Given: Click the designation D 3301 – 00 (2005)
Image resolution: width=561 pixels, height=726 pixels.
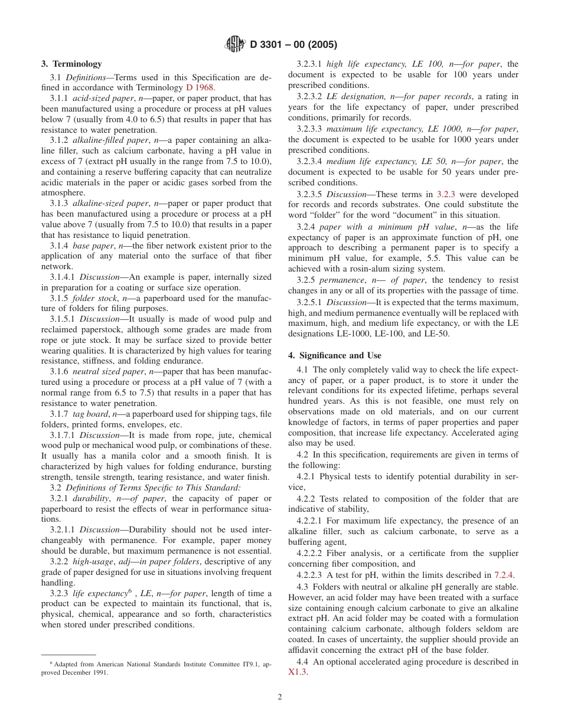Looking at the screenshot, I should point(293,45).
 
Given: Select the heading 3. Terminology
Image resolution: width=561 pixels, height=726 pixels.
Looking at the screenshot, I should point(71,64).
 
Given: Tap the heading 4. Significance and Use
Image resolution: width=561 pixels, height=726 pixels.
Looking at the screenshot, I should point(334,355).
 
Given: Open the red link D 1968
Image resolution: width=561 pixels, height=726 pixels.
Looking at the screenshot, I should point(200,87).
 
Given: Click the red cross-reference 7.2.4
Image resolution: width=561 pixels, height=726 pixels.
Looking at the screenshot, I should point(504,575).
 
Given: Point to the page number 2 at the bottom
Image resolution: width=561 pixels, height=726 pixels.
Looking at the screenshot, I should point(280,696).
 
